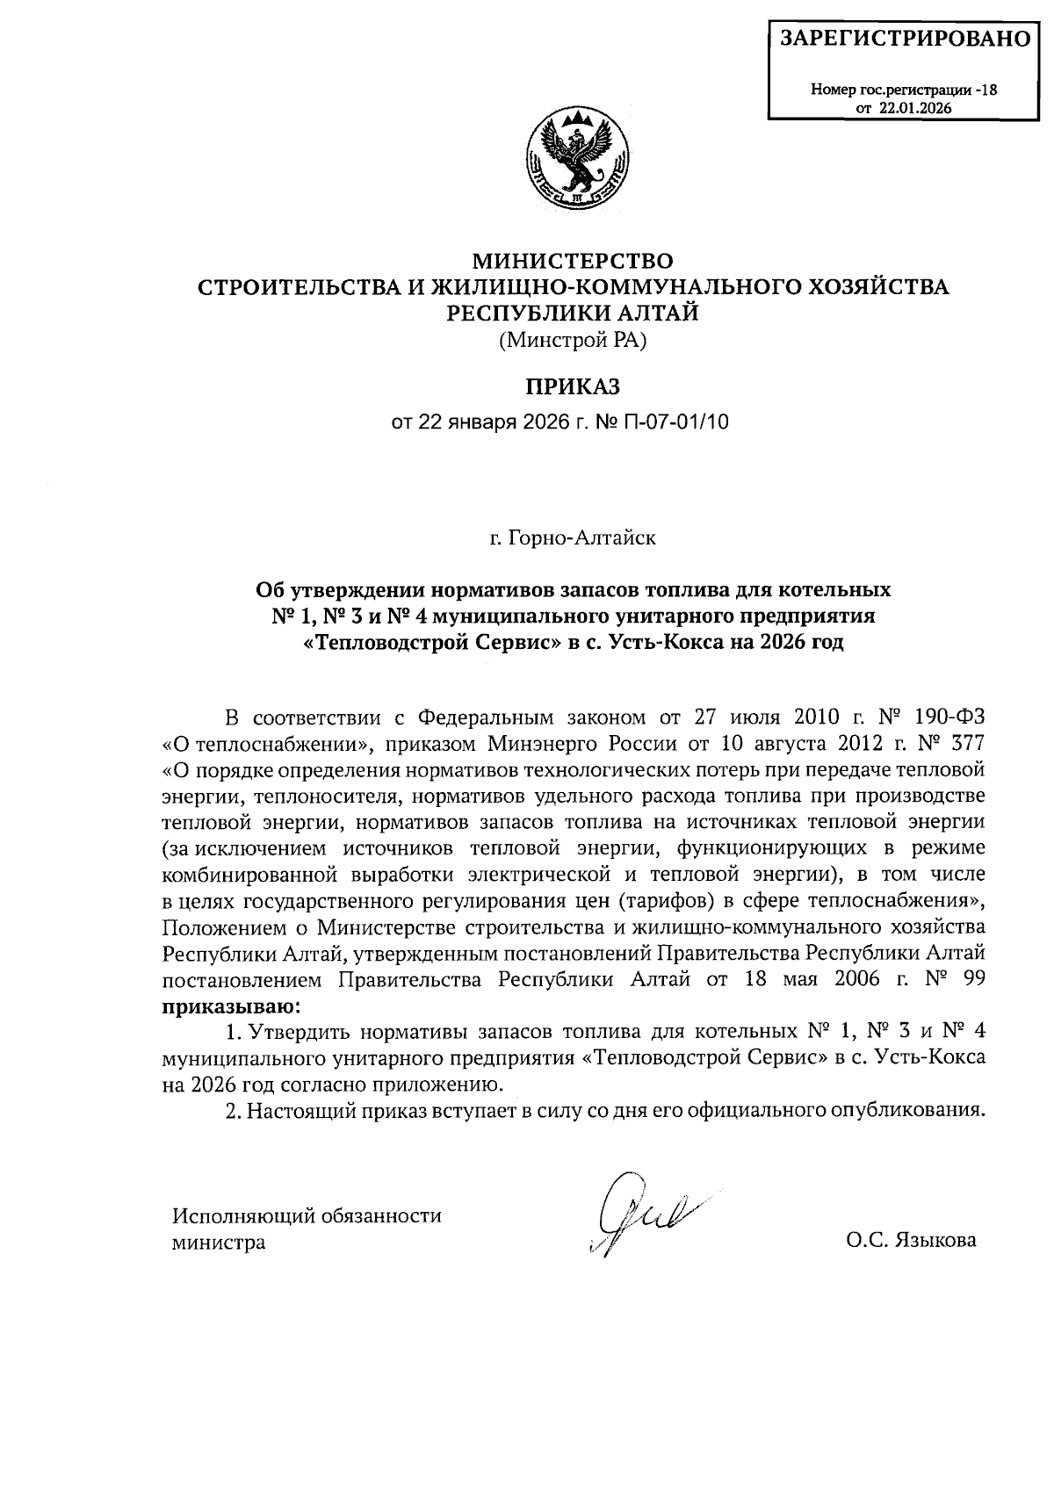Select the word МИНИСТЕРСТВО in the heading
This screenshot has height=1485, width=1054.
click(573, 261)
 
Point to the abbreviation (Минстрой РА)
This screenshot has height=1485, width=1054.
click(573, 341)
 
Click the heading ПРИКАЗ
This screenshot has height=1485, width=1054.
click(573, 386)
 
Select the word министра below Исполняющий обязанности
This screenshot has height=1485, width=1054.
click(219, 1244)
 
